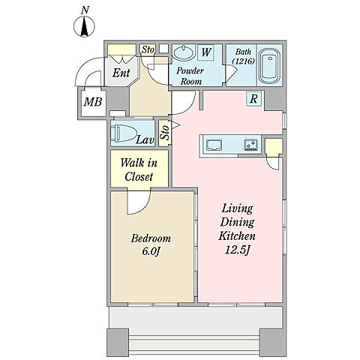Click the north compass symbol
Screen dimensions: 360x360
coord(84,26)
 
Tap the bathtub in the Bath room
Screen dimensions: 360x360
coord(269,66)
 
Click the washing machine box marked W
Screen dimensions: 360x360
coord(206,52)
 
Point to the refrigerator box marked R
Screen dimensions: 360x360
coord(253,99)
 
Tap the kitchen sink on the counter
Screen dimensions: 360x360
coord(214,145)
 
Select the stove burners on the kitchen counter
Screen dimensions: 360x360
coord(250,145)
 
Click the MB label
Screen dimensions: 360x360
coord(93,102)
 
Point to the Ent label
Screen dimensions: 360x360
coord(121,73)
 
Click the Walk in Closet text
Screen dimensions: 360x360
coord(139,169)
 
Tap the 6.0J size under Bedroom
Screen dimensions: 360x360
coord(151,251)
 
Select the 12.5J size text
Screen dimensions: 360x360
coord(237,250)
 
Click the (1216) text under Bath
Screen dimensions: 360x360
coord(243,61)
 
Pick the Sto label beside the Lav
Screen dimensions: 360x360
coord(165,133)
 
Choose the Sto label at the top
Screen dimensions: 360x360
coord(148,49)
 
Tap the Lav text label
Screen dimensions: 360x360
coord(145,140)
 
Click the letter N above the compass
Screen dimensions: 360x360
coord(85,10)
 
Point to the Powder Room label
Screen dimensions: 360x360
coord(190,76)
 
